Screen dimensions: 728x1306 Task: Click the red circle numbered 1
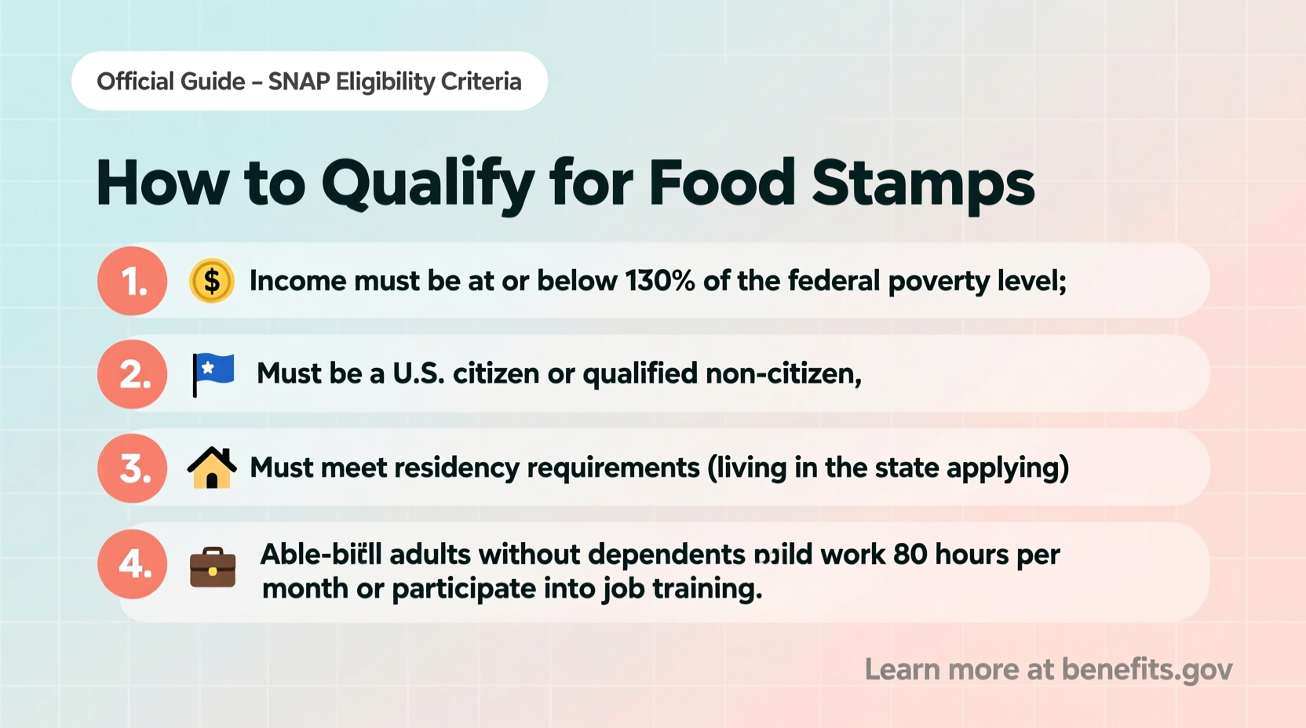(x=132, y=281)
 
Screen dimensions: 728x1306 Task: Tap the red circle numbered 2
(x=132, y=374)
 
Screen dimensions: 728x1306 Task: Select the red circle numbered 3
(x=132, y=468)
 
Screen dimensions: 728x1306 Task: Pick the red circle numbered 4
(x=132, y=564)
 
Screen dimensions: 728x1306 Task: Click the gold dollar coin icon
(x=212, y=281)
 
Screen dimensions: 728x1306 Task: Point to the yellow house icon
(x=212, y=468)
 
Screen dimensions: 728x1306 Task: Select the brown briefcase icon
(x=213, y=566)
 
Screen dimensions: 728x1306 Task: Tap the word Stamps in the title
(x=922, y=184)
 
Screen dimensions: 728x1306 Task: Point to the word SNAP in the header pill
(x=298, y=82)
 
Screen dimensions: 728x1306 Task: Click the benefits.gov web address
(x=1147, y=669)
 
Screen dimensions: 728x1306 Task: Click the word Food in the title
(x=722, y=184)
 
